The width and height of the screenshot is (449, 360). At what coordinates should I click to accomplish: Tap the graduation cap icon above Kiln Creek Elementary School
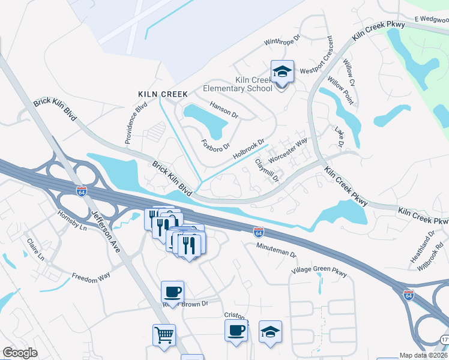pos(282,72)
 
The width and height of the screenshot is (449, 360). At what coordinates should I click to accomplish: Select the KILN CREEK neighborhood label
pos(163,94)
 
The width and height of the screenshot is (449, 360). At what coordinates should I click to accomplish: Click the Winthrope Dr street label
pos(285,43)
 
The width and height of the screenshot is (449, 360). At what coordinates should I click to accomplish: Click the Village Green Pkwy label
pos(319,272)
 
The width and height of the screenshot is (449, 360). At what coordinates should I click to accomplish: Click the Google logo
pos(20,353)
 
